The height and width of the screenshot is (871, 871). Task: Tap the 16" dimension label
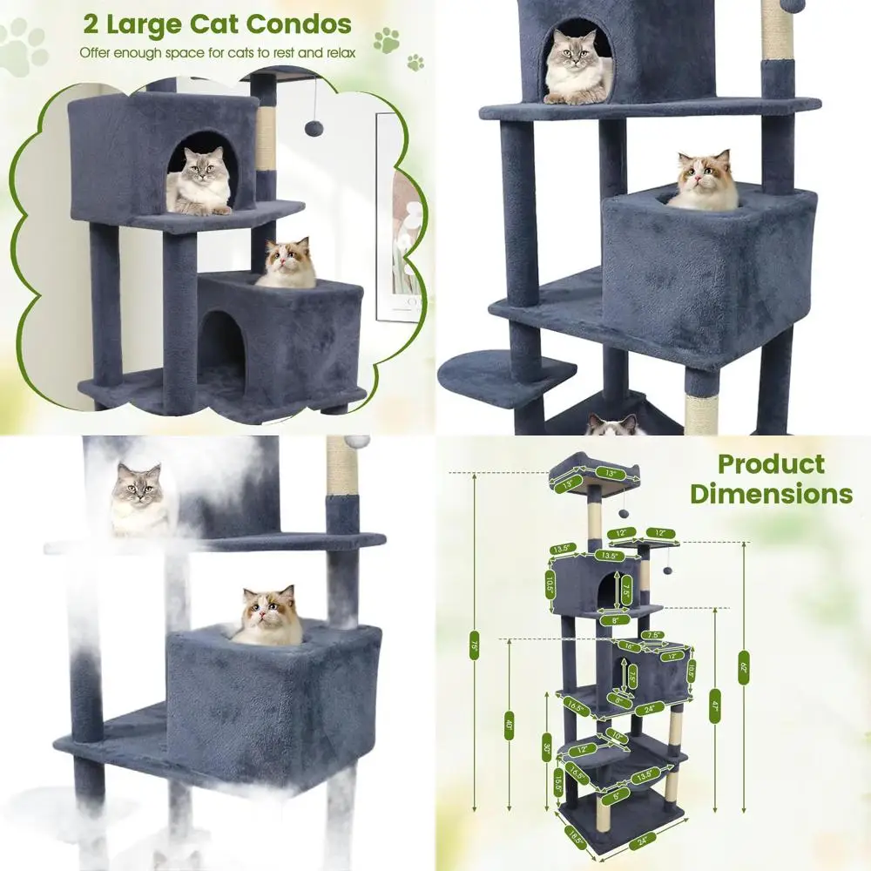tap(630, 647)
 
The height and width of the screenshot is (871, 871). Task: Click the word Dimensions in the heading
tap(772, 494)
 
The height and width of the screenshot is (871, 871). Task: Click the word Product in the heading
tap(770, 464)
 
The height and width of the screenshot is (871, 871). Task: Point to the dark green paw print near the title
tap(386, 39)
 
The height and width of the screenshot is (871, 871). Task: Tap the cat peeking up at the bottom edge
tap(611, 425)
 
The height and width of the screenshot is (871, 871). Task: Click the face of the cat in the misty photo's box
tap(267, 610)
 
